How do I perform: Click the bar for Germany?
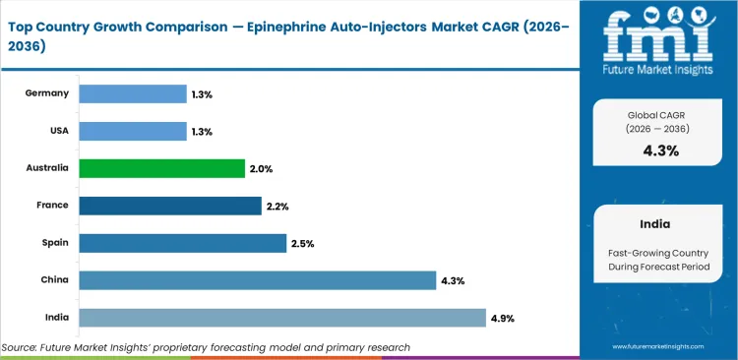(x=132, y=93)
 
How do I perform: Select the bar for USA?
(x=132, y=131)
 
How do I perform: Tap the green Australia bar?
(x=161, y=168)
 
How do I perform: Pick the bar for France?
(x=170, y=206)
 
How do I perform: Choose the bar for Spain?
(x=182, y=243)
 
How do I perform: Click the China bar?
(x=257, y=280)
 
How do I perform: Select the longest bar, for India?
(x=281, y=318)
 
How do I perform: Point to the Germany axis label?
(x=47, y=93)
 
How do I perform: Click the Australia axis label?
(x=46, y=168)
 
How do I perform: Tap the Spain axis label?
(x=53, y=243)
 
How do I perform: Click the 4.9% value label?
(x=503, y=318)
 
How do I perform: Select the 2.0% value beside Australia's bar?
(x=262, y=168)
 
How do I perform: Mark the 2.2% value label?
(x=278, y=206)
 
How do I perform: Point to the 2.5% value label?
(x=303, y=243)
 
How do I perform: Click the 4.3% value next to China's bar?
(x=453, y=280)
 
